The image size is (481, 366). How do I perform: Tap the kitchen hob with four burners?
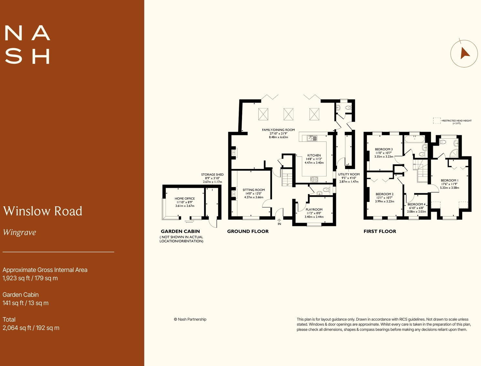point(314,179)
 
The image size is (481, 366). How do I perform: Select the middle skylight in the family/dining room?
point(288,114)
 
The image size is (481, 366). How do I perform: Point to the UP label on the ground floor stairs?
point(287,185)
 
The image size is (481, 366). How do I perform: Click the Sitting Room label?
point(254,190)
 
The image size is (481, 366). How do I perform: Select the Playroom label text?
point(314,209)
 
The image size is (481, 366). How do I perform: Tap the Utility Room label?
point(349,174)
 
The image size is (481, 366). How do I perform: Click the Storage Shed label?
point(212,174)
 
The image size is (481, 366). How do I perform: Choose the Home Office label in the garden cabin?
point(184,198)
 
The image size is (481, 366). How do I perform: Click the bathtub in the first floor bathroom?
point(414,139)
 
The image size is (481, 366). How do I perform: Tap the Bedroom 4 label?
point(416,204)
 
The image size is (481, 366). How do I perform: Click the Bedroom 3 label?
point(384,149)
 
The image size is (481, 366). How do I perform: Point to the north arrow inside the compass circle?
point(465,53)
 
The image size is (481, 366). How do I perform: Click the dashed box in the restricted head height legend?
point(436,121)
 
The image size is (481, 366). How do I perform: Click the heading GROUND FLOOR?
point(248,231)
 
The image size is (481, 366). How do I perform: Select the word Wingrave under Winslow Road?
point(19,232)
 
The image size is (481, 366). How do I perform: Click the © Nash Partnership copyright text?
point(190,319)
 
